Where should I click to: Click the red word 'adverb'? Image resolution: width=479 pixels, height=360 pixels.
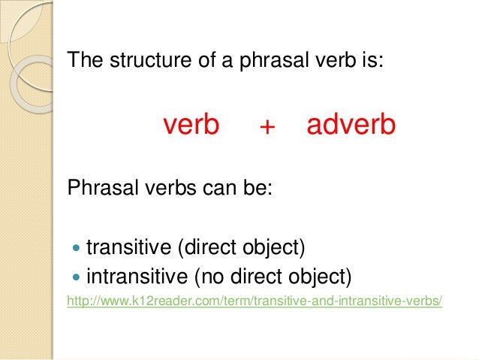click(x=351, y=126)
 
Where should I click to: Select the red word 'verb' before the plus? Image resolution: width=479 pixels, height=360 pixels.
click(x=191, y=126)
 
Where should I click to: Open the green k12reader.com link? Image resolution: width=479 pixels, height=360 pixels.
click(x=255, y=302)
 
